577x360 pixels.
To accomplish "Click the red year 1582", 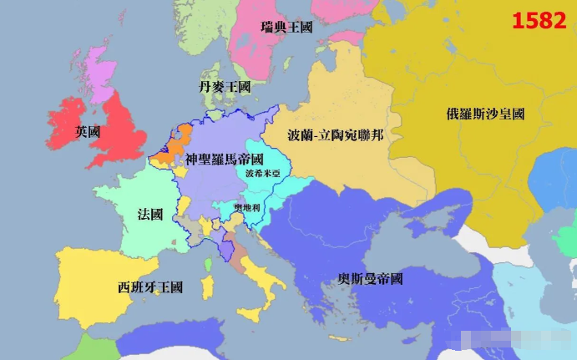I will (539, 22).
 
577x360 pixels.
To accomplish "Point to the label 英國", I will (88, 132).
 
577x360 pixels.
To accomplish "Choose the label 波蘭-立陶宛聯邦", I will (335, 134).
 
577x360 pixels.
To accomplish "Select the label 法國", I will (149, 215).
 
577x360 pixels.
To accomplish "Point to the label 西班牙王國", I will (150, 288).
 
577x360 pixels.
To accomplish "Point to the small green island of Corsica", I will (209, 265).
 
